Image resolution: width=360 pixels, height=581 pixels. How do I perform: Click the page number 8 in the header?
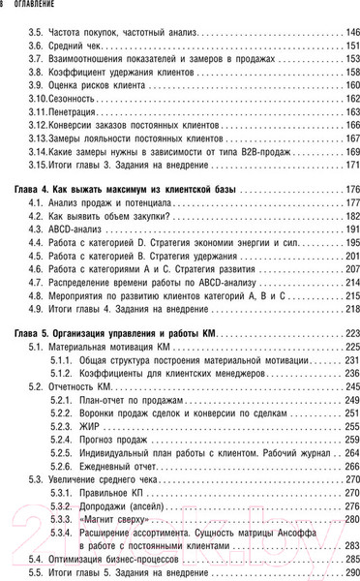point(4,6)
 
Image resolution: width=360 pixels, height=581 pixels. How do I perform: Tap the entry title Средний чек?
point(74,46)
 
